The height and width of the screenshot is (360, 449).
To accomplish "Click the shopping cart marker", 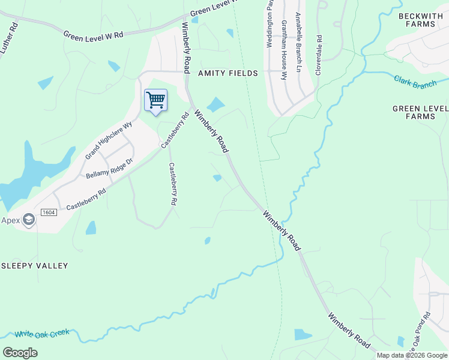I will [155, 100].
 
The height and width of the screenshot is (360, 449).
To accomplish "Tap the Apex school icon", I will [28, 220].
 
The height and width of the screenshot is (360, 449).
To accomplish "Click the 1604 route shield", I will [49, 212].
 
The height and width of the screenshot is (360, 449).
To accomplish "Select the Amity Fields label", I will [228, 73].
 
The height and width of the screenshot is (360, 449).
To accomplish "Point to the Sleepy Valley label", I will [34, 265].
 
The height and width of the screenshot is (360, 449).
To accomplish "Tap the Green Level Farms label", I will [420, 112].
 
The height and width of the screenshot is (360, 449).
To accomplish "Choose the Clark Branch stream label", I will [415, 82].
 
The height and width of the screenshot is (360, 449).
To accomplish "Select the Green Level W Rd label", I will [94, 35].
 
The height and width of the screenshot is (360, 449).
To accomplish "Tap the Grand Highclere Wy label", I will [108, 141].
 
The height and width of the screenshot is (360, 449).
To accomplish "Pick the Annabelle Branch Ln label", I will [297, 44].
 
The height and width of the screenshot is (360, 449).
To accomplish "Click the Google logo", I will [20, 353].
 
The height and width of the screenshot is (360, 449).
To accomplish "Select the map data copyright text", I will [412, 355].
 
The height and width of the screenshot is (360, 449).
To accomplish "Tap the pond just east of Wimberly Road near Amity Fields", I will [215, 104].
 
